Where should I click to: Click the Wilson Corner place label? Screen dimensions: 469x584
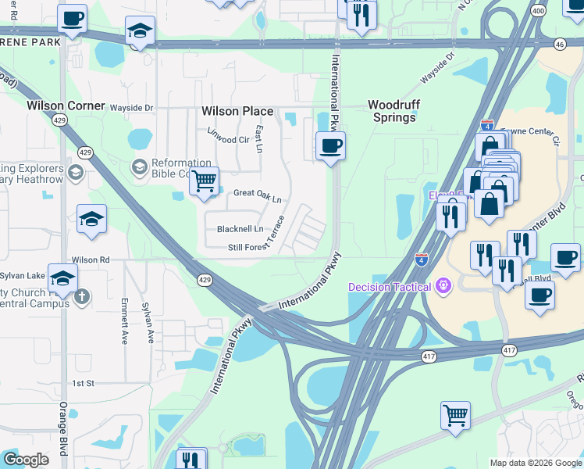66,105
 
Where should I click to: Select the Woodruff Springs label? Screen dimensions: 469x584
391,110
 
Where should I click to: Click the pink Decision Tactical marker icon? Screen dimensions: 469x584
443,287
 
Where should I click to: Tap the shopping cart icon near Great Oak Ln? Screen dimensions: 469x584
204,181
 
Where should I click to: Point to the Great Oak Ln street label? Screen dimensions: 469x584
257,195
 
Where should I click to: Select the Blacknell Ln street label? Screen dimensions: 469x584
240,229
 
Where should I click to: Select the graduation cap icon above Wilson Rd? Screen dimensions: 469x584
91,220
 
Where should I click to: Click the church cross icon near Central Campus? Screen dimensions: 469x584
83,296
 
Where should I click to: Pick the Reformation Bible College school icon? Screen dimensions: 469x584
139,166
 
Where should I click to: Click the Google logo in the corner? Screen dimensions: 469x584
25,460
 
